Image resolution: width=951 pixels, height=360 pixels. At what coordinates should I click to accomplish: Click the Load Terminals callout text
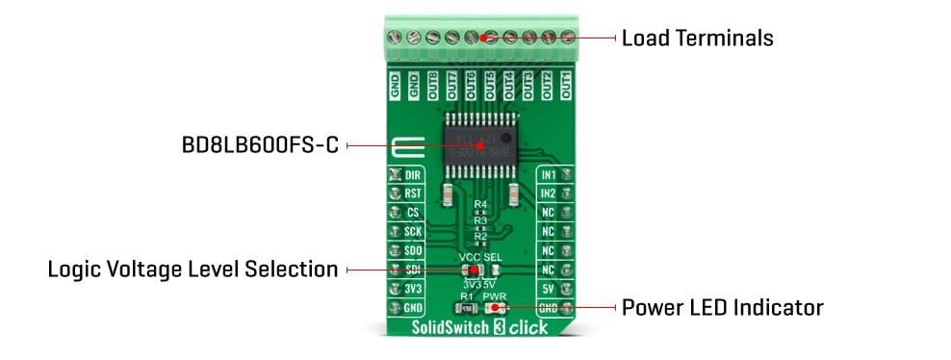(697, 39)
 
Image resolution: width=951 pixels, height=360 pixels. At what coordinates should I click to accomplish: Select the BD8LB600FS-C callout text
(260, 147)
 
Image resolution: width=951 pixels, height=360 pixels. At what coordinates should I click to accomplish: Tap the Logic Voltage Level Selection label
(193, 270)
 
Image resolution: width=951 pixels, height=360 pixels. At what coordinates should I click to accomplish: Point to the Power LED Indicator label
(722, 308)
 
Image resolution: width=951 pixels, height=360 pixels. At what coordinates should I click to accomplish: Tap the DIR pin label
(412, 175)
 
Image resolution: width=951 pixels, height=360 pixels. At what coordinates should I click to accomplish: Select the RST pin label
(412, 193)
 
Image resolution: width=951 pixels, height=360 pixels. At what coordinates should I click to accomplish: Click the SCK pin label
(412, 232)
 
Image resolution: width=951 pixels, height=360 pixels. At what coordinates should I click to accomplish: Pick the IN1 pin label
(549, 175)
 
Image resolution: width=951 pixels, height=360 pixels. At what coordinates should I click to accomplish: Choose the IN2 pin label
(549, 193)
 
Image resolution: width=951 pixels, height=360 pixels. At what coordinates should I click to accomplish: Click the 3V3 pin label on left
(412, 289)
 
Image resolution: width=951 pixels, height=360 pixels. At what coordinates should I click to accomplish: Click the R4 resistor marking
(480, 205)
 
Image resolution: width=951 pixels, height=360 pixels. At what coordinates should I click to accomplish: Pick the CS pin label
(412, 213)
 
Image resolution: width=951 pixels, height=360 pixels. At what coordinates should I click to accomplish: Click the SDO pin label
(412, 250)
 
